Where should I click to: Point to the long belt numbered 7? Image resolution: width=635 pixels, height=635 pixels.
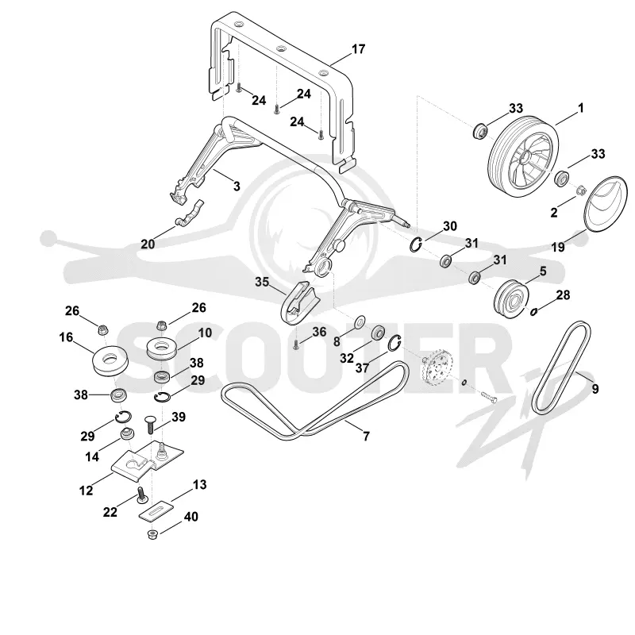click(315, 401)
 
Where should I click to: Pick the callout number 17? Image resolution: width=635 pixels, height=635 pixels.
click(358, 49)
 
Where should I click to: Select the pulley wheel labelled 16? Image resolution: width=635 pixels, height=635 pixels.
click(110, 360)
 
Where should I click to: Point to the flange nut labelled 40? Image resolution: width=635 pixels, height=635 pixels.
click(152, 534)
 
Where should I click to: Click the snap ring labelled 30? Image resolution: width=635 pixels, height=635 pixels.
click(416, 245)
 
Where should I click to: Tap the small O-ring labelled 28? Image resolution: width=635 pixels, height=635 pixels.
click(533, 311)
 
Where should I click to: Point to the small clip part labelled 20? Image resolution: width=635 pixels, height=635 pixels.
click(189, 213)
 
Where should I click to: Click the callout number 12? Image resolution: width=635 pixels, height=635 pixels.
click(86, 491)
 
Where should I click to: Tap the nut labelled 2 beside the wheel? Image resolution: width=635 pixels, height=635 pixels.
click(579, 190)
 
